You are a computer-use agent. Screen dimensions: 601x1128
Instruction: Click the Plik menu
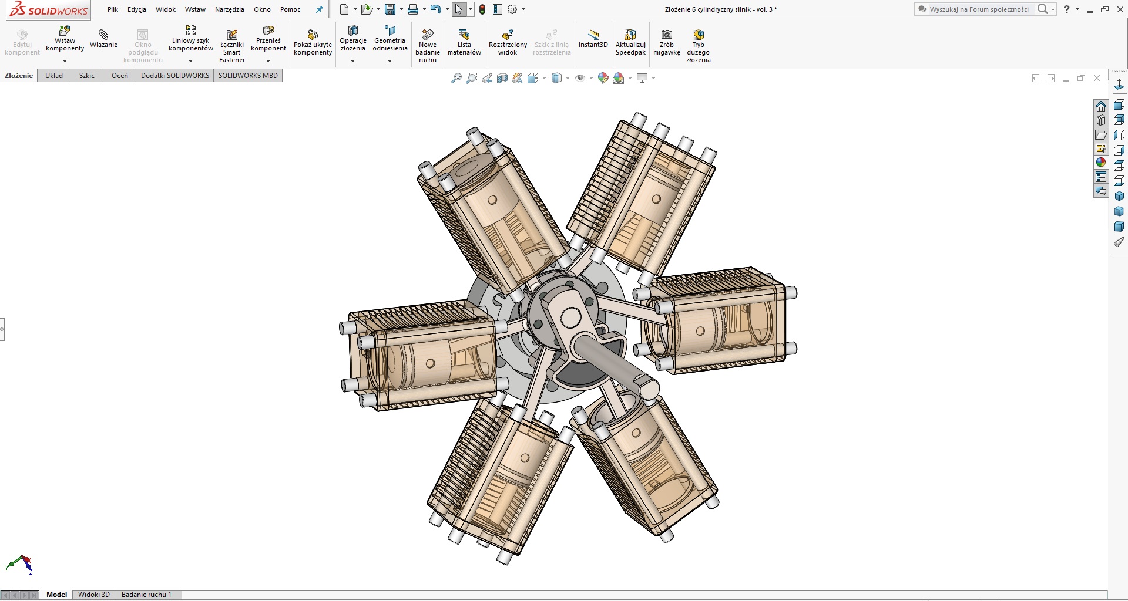click(113, 9)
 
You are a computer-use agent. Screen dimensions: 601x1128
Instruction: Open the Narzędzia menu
click(229, 9)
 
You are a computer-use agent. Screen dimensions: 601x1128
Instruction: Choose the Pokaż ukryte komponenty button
click(313, 42)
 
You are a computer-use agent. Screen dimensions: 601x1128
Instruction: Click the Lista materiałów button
click(464, 42)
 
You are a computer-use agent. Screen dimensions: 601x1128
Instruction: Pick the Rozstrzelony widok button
click(508, 42)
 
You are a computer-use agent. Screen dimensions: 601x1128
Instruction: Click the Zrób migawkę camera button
click(666, 42)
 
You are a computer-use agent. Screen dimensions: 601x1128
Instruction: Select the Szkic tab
click(87, 76)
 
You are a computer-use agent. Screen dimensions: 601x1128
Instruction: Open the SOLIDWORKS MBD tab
click(248, 76)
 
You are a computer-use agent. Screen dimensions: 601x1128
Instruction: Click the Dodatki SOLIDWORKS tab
click(175, 76)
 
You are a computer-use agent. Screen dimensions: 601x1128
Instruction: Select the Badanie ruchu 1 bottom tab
click(146, 595)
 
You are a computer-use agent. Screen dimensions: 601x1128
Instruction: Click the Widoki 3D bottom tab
click(94, 595)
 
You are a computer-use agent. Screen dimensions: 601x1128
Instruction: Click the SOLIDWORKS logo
click(49, 10)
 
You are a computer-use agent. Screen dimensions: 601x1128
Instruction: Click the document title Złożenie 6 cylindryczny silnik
click(721, 9)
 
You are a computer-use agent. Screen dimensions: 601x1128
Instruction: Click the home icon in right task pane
click(1101, 106)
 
